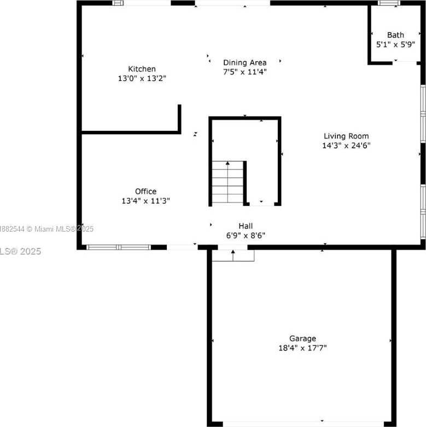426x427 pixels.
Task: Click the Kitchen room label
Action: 142,69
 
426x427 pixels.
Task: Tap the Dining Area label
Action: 244,62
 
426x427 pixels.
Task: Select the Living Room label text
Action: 346,136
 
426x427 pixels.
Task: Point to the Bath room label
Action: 395,35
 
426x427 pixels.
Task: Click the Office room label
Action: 145,192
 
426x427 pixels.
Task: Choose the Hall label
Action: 246,226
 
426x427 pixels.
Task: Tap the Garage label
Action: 302,338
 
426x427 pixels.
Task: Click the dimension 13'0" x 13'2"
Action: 142,78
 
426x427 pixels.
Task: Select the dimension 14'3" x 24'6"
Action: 346,146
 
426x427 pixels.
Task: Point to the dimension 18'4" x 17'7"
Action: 302,348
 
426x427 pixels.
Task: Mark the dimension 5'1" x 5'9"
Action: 395,44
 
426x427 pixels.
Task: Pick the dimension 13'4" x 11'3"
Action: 145,201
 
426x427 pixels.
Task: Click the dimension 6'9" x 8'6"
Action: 246,235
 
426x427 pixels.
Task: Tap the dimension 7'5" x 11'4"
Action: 244,72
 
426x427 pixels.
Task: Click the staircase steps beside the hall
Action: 227,182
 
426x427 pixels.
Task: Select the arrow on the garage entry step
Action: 233,255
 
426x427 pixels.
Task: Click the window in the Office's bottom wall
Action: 118,247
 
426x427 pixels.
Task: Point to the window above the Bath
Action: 389,3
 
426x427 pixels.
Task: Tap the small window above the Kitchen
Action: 118,3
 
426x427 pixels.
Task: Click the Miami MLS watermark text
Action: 46,229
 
